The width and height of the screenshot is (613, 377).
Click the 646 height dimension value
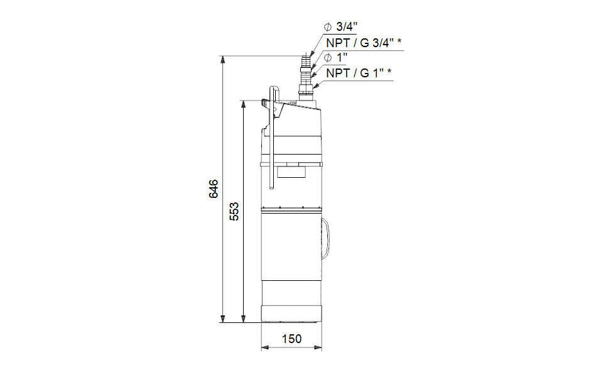pos(214,189)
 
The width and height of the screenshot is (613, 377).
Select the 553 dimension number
pos(234,212)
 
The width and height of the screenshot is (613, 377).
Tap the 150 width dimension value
pos(291,339)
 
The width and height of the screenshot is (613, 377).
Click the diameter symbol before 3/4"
pos(328,27)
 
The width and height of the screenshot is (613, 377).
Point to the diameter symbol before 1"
pos(328,58)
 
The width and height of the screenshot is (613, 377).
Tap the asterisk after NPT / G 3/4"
pos(399,41)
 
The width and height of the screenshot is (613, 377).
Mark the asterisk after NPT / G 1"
pos(389,71)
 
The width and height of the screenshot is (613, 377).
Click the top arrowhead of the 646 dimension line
pos(223,60)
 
